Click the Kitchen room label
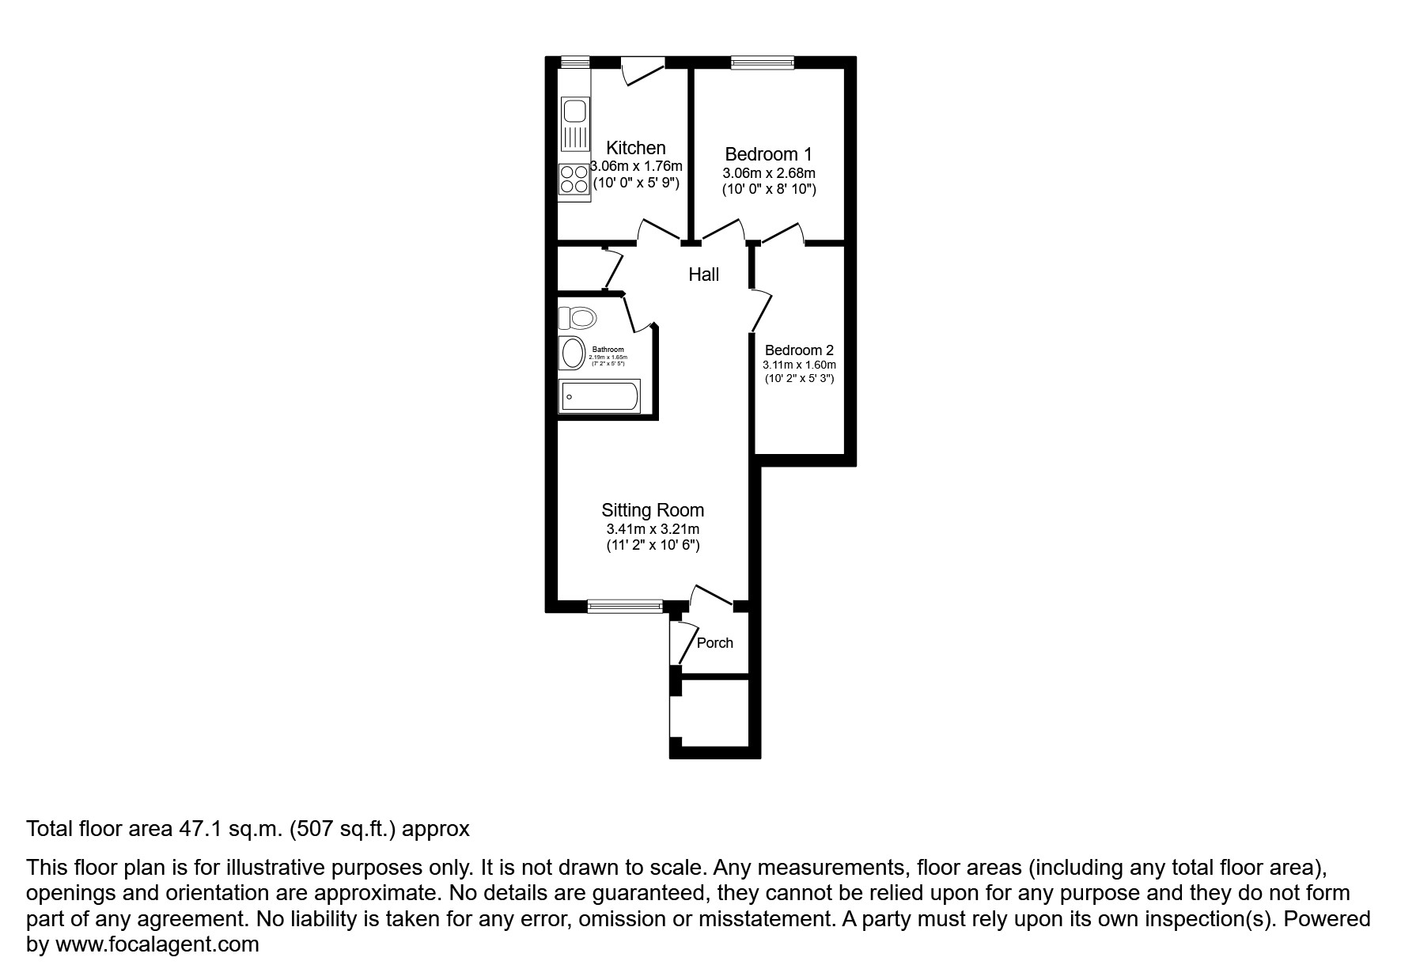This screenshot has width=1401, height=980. click(x=635, y=148)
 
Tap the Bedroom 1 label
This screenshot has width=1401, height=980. click(x=768, y=154)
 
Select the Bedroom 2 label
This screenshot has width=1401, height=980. click(x=799, y=350)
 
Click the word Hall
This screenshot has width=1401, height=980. click(x=703, y=274)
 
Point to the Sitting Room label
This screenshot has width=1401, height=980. click(x=653, y=511)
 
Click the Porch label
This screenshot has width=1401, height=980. click(x=714, y=643)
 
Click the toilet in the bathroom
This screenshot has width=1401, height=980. click(x=577, y=319)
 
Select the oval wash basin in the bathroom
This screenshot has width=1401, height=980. click(x=570, y=354)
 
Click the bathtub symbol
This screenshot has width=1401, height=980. click(x=600, y=396)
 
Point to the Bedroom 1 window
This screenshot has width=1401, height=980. click(x=762, y=62)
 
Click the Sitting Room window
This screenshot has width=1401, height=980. click(x=625, y=606)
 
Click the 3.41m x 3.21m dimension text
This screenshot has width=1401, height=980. click(x=653, y=529)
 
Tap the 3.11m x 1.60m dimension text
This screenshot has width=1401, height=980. click(x=799, y=365)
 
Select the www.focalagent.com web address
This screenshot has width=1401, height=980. click(x=156, y=944)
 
